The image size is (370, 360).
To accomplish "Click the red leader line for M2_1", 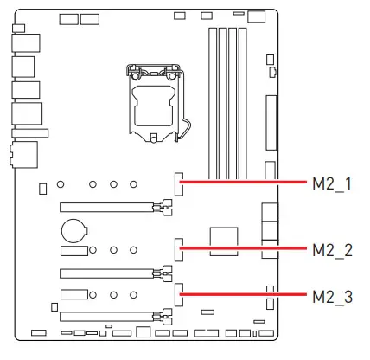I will point(246,183).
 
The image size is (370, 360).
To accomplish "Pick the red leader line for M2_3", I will point(246,294).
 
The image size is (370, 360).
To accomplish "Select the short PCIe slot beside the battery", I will point(73,250).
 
